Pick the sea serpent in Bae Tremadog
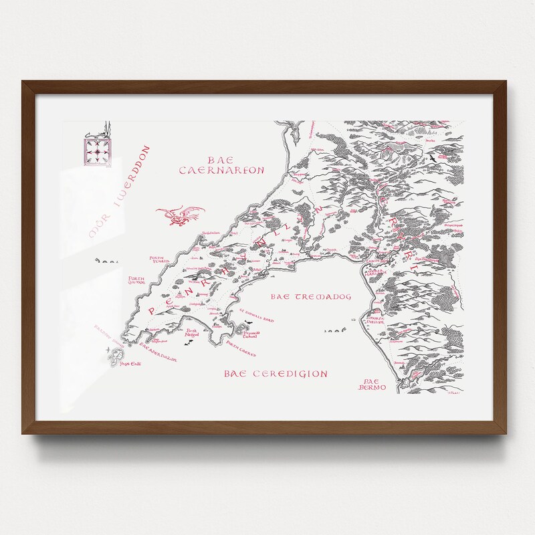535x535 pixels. [x=334, y=330]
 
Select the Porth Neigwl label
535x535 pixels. [x=192, y=333]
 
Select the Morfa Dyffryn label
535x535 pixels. [x=379, y=328]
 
